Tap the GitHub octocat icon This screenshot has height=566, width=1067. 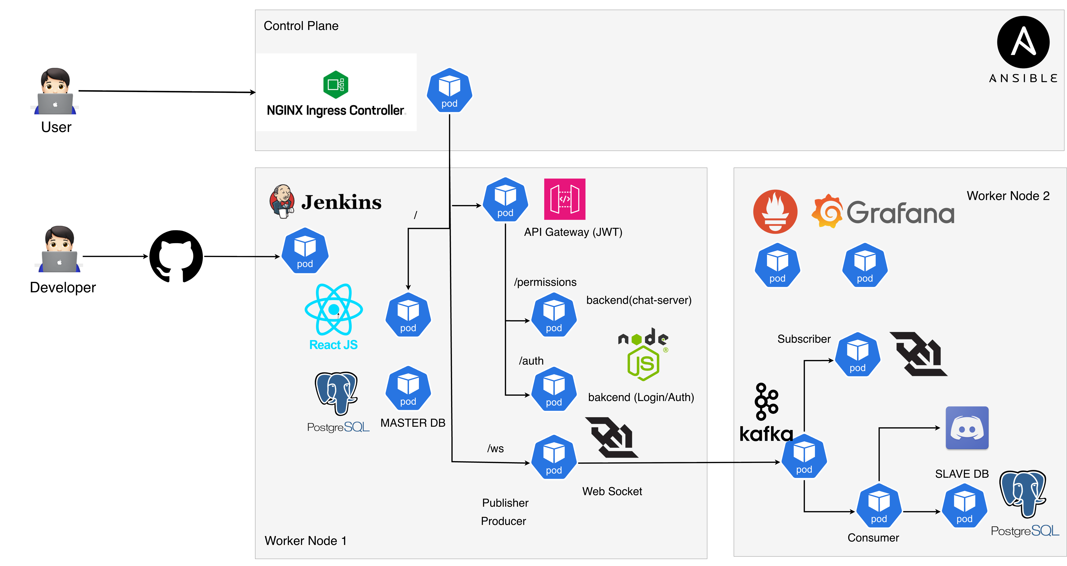tap(176, 256)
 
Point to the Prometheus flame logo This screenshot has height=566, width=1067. tap(775, 212)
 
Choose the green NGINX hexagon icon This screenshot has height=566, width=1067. tap(335, 84)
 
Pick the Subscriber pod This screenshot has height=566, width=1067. tap(857, 355)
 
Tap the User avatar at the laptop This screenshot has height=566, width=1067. tap(55, 91)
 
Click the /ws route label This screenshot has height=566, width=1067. tap(495, 448)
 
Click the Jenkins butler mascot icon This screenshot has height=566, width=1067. tap(282, 201)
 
